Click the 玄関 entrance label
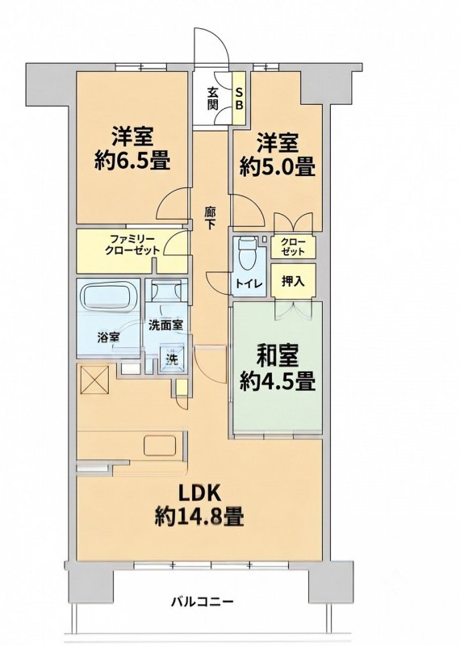[212, 98]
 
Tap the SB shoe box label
[239, 98]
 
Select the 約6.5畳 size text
[132, 161]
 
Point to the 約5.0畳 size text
[278, 167]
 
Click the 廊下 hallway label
[210, 218]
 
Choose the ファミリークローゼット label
[132, 245]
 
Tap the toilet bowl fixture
[247, 254]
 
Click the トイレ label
[249, 284]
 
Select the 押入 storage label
[293, 281]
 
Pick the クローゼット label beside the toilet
[293, 247]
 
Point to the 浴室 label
[108, 338]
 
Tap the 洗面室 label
[165, 325]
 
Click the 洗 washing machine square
[173, 359]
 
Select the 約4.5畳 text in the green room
[278, 381]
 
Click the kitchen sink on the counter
[160, 446]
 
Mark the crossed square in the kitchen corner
[95, 380]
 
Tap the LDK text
[200, 493]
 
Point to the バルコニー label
[203, 602]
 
